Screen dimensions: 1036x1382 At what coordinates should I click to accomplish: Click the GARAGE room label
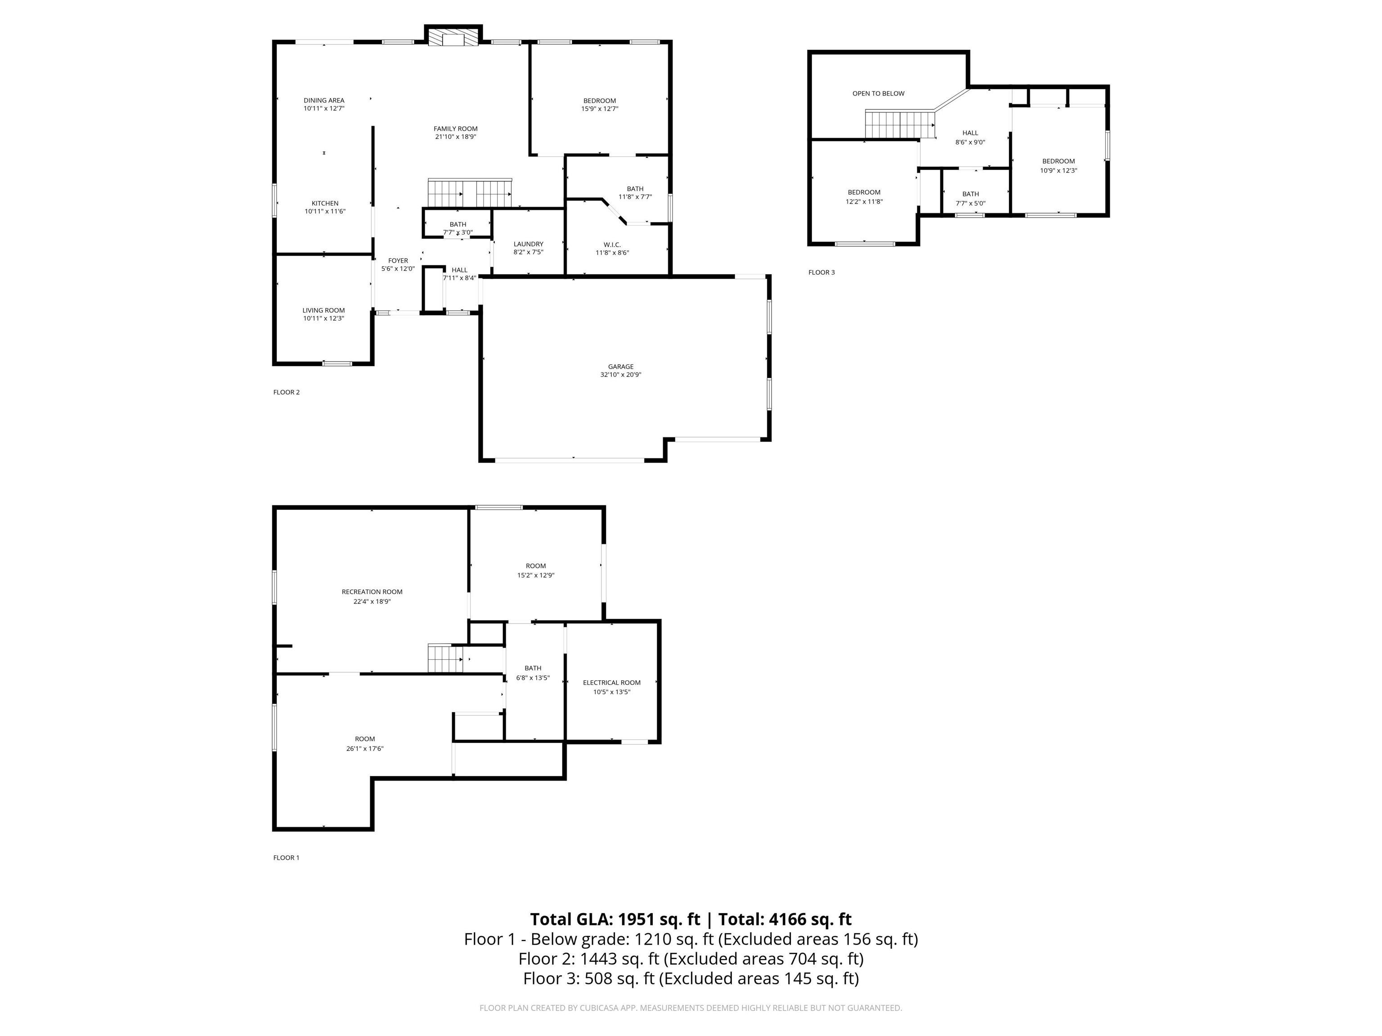[620, 366]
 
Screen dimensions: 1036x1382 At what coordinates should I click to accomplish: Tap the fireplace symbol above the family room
[453, 37]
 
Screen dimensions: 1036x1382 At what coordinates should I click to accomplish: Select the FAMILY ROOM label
[455, 129]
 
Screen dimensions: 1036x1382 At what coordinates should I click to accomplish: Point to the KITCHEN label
[325, 203]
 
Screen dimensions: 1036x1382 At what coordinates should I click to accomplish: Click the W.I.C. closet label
[612, 244]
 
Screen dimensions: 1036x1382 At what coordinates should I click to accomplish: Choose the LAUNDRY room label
[528, 244]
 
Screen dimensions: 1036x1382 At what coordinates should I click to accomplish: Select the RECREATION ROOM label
[372, 591]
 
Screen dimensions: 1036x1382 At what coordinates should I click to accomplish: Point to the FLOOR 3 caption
[821, 272]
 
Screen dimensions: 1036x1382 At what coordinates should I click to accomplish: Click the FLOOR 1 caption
[286, 857]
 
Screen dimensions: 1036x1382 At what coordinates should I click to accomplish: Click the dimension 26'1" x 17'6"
[365, 749]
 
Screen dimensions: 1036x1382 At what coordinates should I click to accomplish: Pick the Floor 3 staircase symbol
[900, 124]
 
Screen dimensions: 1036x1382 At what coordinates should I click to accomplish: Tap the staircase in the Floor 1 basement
[445, 659]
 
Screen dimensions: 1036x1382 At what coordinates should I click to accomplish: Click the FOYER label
[398, 260]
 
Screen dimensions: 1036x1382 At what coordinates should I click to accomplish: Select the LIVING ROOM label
[323, 310]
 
